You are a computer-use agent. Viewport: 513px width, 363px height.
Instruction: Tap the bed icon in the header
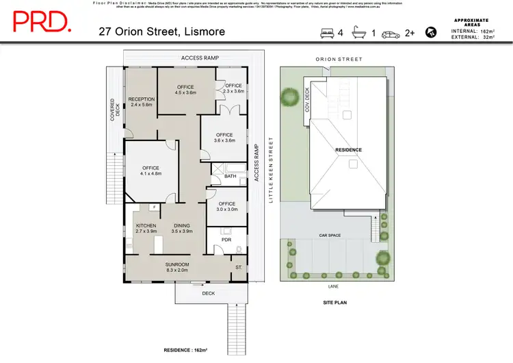326,32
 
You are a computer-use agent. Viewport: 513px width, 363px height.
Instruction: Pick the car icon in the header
391,32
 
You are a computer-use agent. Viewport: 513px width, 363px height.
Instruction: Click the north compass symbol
431,32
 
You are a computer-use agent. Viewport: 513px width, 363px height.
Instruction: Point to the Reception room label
142,102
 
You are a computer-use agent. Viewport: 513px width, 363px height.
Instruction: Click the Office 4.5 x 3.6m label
185,90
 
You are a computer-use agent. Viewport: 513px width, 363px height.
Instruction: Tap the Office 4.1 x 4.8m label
150,171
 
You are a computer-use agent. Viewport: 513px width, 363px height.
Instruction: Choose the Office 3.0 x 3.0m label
226,206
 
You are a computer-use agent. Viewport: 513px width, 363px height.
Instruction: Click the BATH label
231,176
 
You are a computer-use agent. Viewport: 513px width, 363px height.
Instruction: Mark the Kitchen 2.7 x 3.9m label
146,228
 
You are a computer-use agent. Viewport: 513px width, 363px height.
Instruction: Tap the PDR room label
226,240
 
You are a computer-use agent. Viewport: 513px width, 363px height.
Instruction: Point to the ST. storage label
239,267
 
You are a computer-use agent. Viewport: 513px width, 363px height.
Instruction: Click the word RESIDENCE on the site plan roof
348,149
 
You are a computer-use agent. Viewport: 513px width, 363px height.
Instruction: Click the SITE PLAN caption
337,301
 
